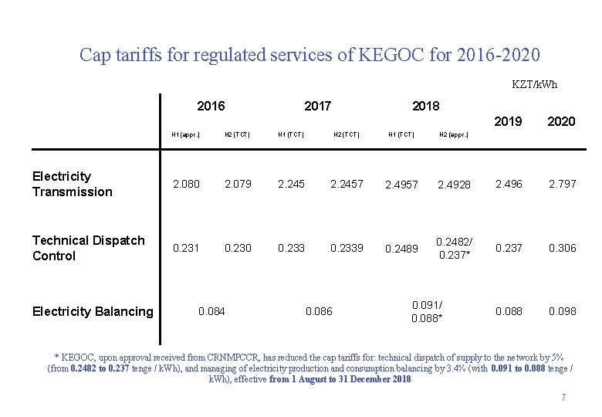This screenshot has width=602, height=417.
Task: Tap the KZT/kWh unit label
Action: point(534,84)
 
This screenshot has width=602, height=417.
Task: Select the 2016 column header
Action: point(211,106)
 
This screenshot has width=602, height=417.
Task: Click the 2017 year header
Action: point(318,106)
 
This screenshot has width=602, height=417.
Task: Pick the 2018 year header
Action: point(426,106)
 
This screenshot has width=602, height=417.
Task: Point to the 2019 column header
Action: point(508,121)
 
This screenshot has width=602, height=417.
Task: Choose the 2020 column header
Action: point(561,121)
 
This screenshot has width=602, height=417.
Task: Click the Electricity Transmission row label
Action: point(73,184)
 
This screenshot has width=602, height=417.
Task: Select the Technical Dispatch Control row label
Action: point(88,248)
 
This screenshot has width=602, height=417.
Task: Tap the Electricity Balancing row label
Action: point(93,311)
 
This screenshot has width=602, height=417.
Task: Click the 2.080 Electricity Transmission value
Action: point(186,184)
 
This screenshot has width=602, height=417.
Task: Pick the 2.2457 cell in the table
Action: point(347,184)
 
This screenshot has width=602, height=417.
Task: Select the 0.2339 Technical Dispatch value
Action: point(347,248)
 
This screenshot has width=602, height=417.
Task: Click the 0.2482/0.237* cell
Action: point(455,248)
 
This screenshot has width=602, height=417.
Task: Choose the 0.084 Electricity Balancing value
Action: point(211,311)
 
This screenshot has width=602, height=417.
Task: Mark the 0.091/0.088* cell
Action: point(427,311)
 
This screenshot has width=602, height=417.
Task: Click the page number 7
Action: point(563,397)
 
